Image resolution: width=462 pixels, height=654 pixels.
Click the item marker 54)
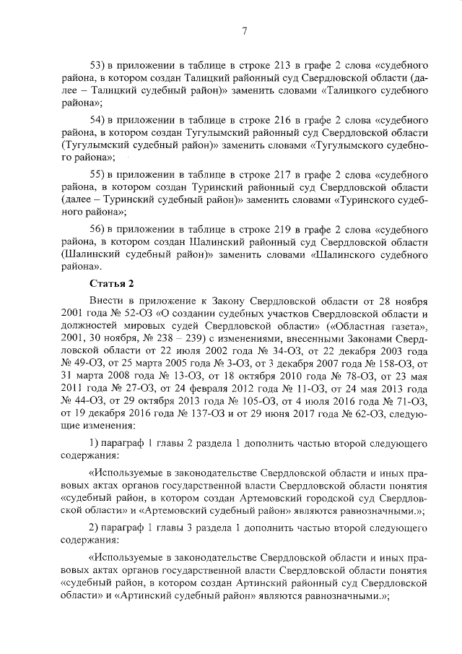coord(97,119)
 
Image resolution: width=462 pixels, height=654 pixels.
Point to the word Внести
coord(106,300)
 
